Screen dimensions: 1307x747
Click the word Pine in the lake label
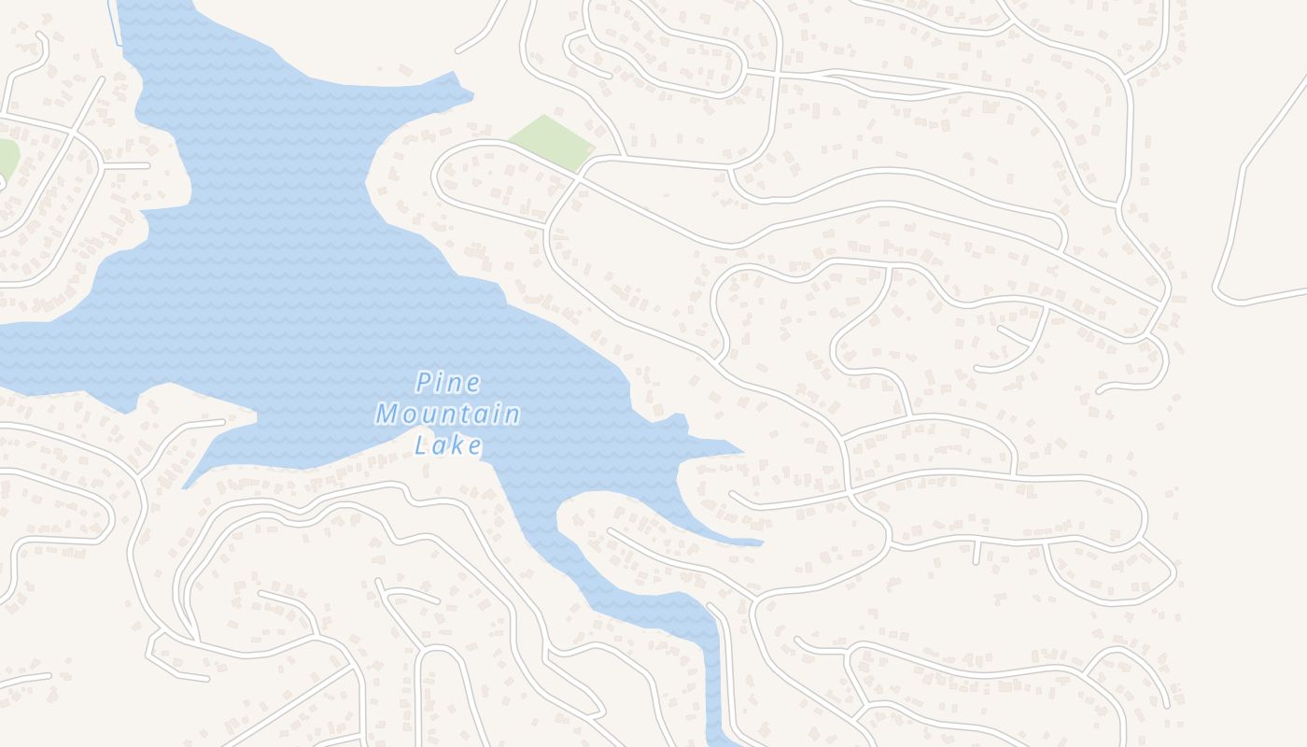click(x=448, y=383)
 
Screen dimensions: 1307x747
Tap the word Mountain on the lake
click(x=448, y=414)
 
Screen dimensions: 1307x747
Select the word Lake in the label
click(x=449, y=444)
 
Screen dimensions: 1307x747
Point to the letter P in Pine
click(x=424, y=383)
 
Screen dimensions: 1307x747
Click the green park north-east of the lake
click(x=551, y=142)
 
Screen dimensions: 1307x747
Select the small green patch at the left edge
click(x=7, y=157)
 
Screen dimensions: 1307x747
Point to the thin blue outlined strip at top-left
click(x=115, y=23)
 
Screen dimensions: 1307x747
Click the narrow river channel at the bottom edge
click(x=714, y=691)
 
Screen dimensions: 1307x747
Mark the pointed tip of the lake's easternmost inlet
click(x=761, y=542)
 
